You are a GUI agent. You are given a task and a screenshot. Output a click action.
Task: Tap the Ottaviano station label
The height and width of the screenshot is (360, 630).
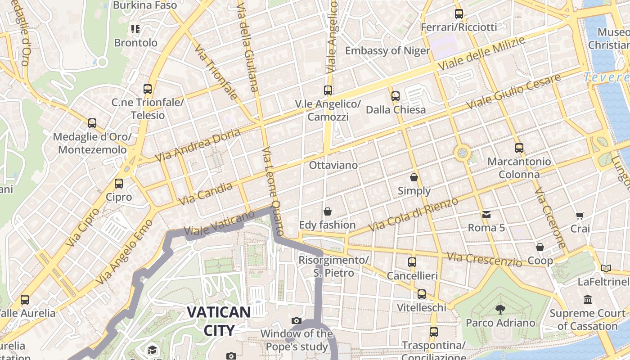(x=333, y=165)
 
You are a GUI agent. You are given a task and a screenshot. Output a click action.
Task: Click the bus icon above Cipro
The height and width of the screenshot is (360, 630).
(x=119, y=184)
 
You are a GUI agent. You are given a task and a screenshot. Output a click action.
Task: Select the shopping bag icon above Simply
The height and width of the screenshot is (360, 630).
(x=414, y=177)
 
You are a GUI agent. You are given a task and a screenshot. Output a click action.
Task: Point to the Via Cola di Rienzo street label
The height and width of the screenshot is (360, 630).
(x=413, y=215)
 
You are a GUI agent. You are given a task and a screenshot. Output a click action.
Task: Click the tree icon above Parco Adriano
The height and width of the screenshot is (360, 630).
(x=500, y=309)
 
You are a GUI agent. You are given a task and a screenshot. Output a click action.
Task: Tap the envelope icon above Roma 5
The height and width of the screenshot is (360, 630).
(x=486, y=214)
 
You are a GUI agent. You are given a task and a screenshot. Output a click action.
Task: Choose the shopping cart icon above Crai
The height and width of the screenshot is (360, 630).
(x=580, y=216)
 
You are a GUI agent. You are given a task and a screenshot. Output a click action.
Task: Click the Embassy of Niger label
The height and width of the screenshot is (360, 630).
(x=387, y=50)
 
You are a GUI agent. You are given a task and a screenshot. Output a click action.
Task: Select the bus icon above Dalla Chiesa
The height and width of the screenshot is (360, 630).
(x=396, y=96)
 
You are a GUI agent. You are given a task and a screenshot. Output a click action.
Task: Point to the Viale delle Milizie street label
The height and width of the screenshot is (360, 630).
(x=481, y=54)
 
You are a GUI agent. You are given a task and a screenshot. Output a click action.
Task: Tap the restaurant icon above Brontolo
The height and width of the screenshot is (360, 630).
(x=135, y=29)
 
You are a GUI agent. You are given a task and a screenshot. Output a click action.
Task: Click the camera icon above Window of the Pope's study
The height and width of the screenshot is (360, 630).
(x=297, y=320)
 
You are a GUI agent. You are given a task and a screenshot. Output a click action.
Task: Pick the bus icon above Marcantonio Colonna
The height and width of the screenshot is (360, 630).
(x=519, y=148)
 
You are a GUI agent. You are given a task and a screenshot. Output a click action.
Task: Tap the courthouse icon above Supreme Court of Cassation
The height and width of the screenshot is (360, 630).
(x=588, y=299)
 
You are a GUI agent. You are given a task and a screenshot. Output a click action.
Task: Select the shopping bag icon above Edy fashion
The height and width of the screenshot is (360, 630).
(x=327, y=211)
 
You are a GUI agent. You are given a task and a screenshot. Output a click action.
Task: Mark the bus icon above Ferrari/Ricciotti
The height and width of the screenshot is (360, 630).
(x=459, y=14)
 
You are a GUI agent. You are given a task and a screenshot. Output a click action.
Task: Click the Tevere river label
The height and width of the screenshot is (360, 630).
(x=606, y=77)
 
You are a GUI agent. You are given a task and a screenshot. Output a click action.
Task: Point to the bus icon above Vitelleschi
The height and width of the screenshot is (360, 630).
(x=422, y=294)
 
